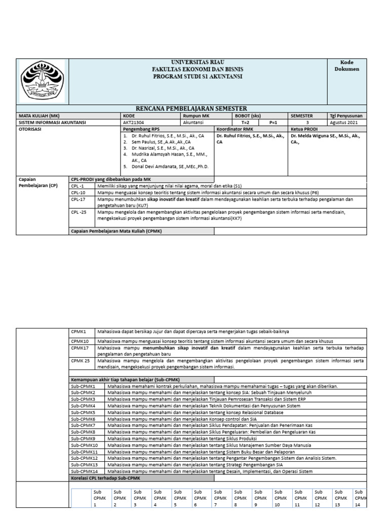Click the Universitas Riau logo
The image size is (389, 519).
[42, 81]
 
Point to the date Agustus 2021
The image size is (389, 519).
[346, 122]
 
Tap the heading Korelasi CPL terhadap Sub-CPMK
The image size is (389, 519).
[105, 478]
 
